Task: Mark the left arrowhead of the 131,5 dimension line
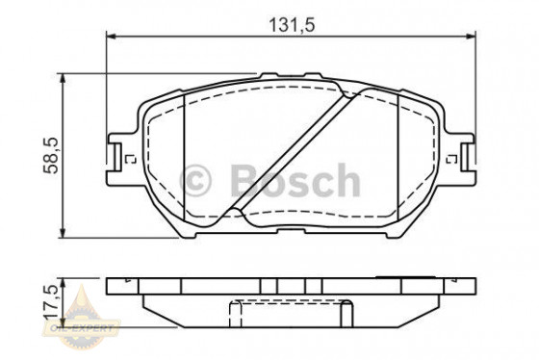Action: pyautogui.click(x=110, y=37)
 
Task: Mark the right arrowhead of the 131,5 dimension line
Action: pyautogui.click(x=471, y=37)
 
